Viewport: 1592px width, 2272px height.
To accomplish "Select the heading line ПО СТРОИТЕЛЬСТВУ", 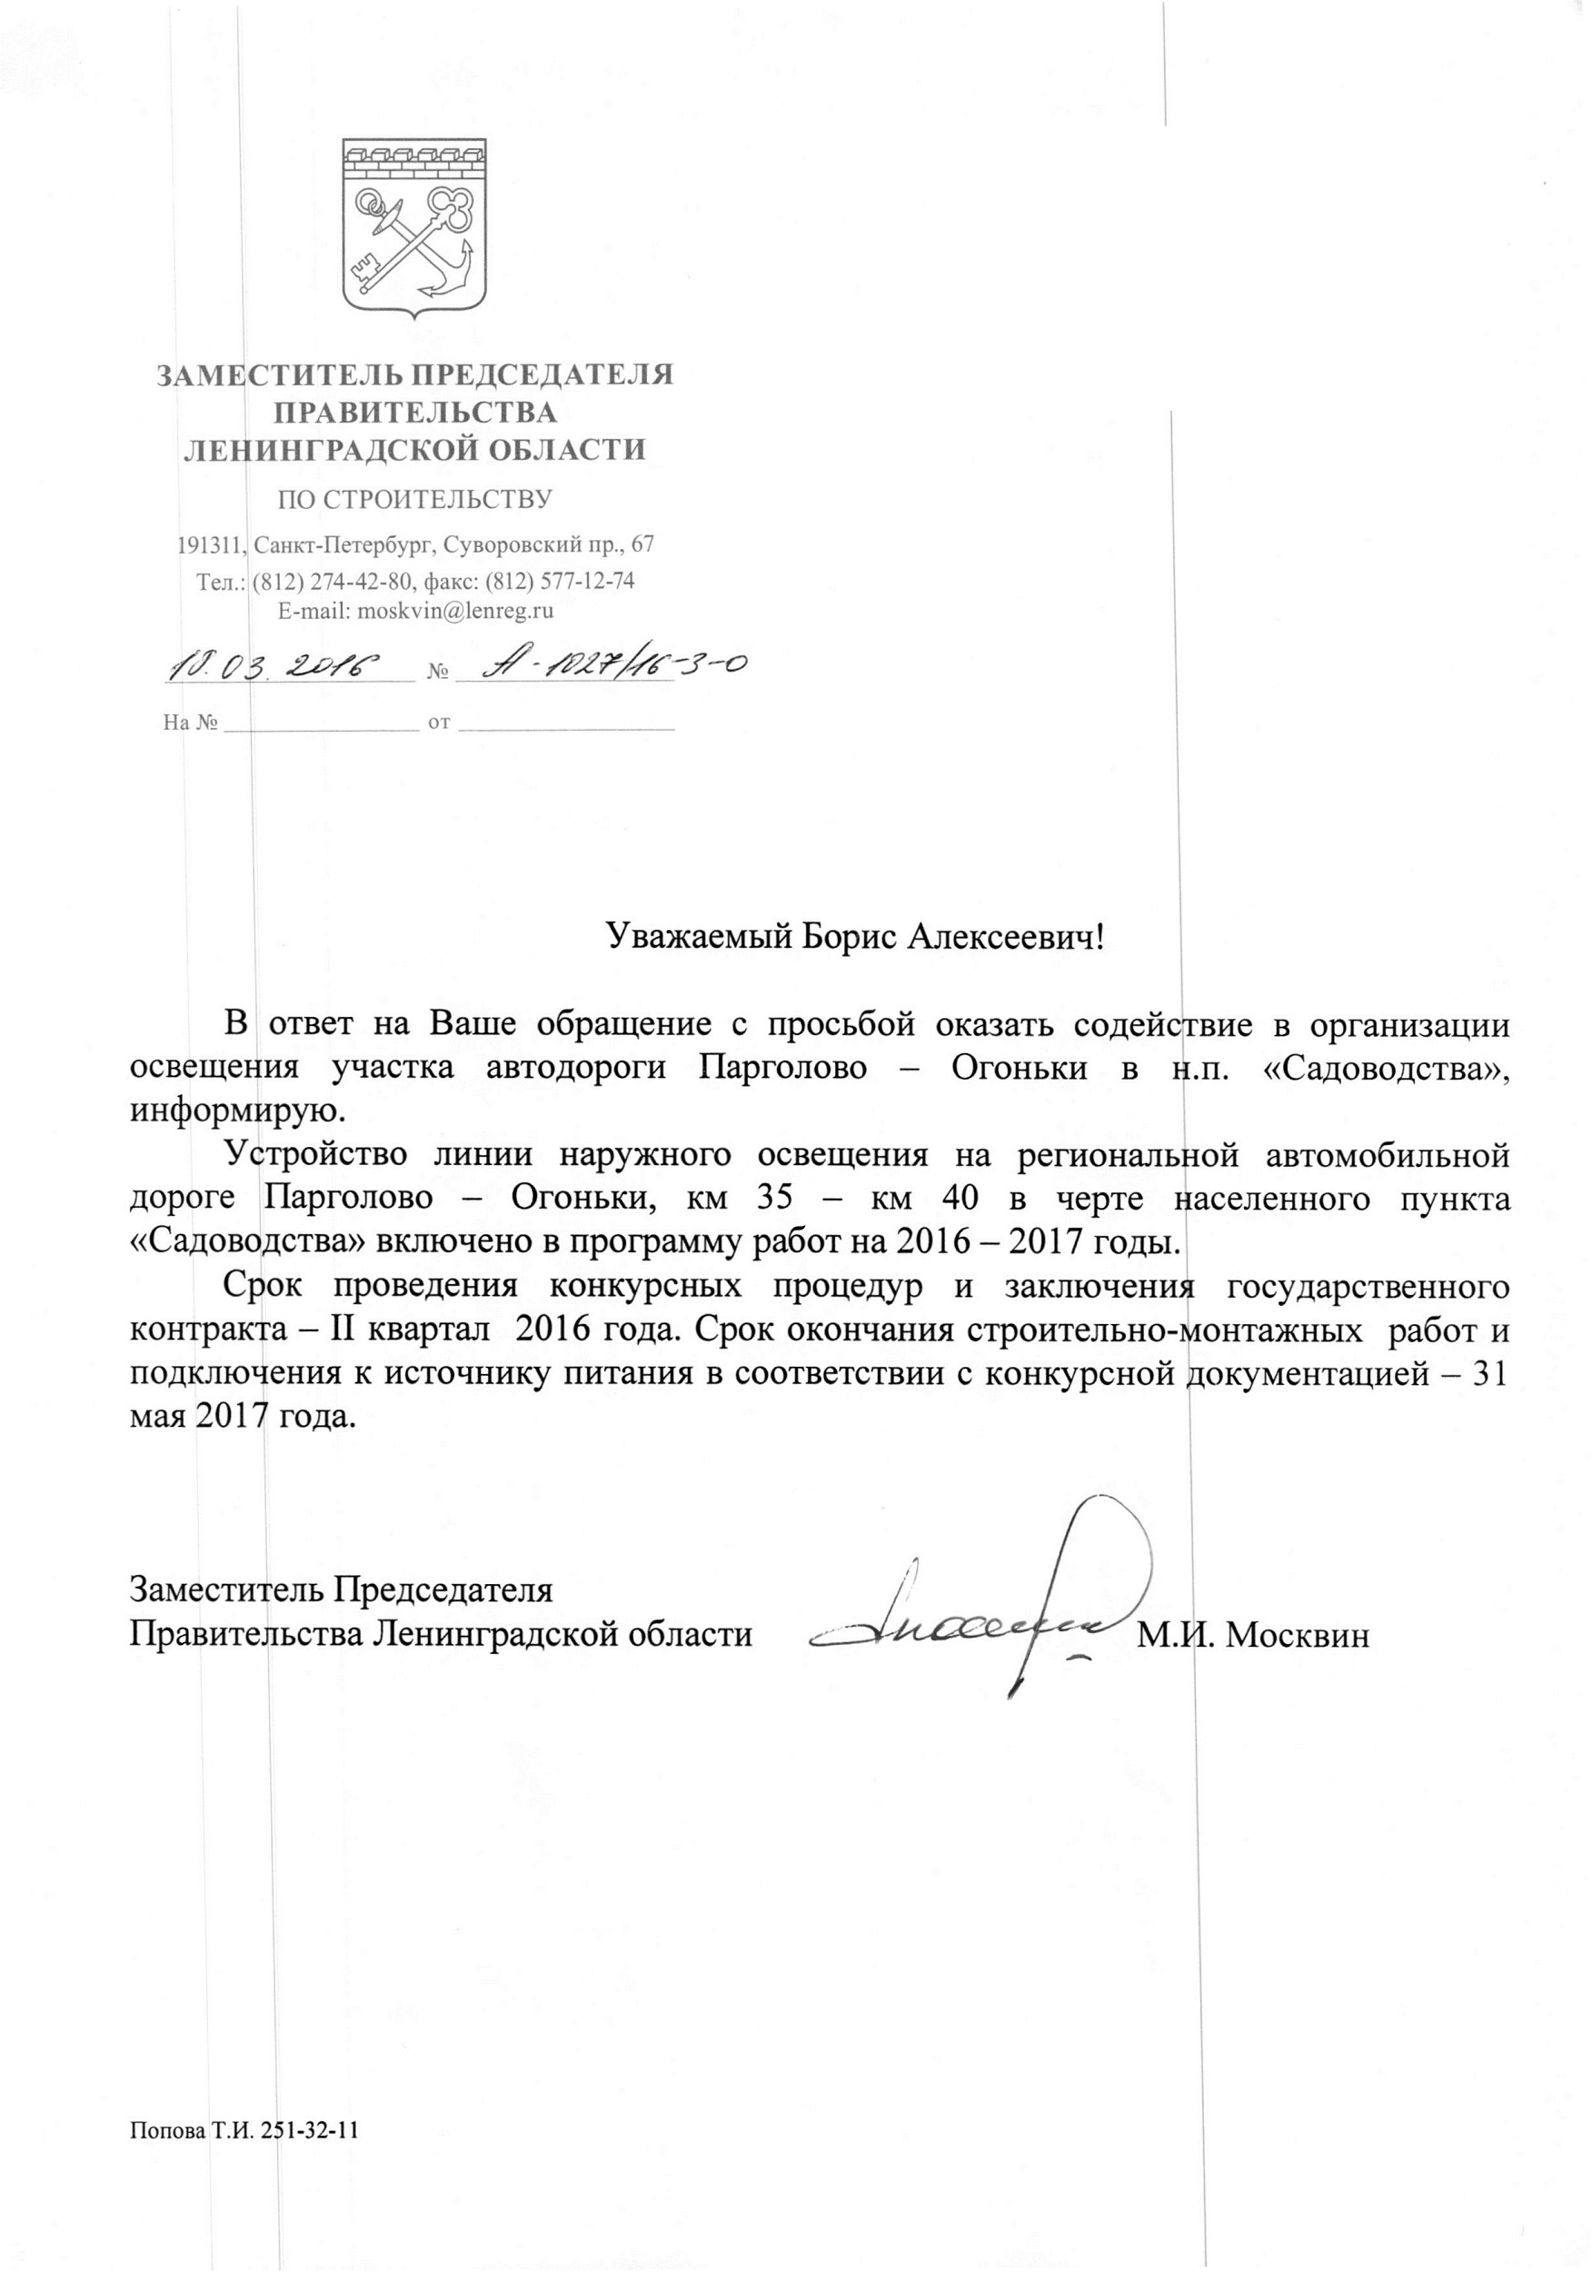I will coord(414,499).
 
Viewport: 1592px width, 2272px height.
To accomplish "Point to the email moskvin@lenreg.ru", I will coord(455,611).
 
